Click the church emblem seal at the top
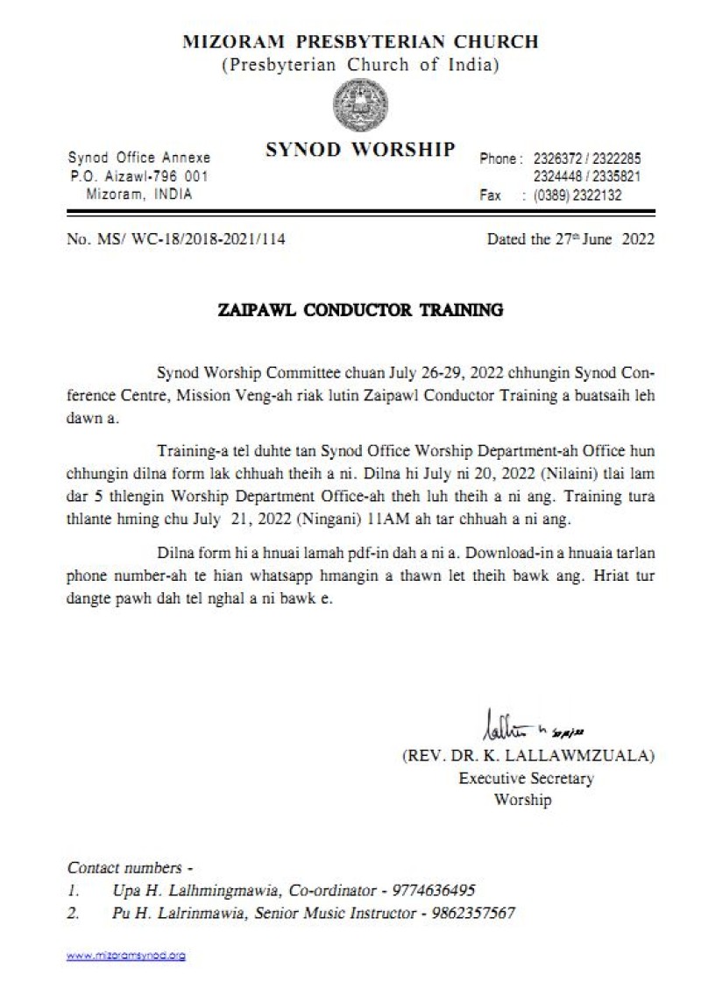pyautogui.click(x=361, y=105)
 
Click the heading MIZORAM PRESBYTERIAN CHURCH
pyautogui.click(x=360, y=41)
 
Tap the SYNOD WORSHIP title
pyautogui.click(x=360, y=150)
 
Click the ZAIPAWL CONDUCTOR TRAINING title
pyautogui.click(x=360, y=310)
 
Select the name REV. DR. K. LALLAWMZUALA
pyautogui.click(x=528, y=756)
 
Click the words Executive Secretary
pyautogui.click(x=526, y=778)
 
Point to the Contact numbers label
pyautogui.click(x=130, y=868)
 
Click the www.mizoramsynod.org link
pyautogui.click(x=126, y=956)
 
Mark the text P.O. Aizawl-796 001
pyautogui.click(x=139, y=176)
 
